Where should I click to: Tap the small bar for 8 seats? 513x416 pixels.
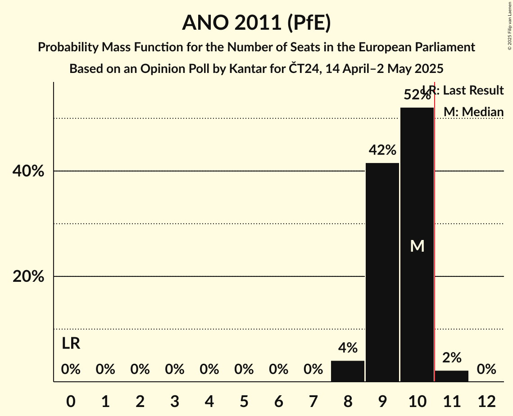(x=348, y=371)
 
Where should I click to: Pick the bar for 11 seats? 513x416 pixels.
(x=452, y=376)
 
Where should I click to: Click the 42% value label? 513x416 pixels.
(x=382, y=150)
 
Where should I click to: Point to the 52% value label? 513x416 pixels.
(x=416, y=95)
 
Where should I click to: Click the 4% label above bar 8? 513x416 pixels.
(x=348, y=348)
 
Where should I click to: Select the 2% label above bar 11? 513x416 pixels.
(x=452, y=357)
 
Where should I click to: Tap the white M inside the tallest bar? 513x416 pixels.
(x=417, y=246)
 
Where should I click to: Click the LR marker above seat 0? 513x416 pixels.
(x=71, y=344)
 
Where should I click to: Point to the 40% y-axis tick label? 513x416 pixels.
(x=28, y=172)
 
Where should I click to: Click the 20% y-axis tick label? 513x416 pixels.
(x=28, y=276)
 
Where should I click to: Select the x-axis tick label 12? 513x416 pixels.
(x=486, y=401)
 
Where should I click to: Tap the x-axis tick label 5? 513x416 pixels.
(x=244, y=401)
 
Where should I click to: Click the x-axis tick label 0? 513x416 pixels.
(x=71, y=401)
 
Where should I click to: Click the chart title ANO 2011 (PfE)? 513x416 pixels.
(x=256, y=23)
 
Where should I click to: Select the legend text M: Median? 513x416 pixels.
(x=473, y=112)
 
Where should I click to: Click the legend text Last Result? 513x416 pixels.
(x=473, y=90)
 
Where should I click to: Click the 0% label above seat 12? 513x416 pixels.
(x=486, y=370)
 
